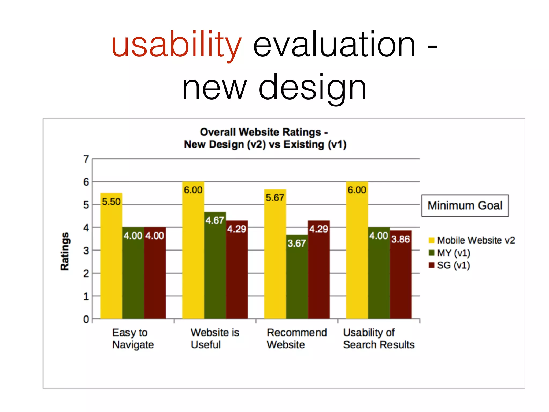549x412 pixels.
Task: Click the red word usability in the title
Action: (177, 44)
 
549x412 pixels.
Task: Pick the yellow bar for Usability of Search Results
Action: (357, 257)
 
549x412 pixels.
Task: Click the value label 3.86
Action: (400, 239)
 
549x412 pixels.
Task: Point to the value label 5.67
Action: (275, 198)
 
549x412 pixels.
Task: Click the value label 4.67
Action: (215, 220)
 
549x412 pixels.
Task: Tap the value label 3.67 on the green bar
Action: (297, 243)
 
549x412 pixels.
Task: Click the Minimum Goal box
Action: (465, 205)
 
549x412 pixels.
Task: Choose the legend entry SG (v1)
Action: (453, 265)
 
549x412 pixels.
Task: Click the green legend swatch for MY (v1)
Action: (431, 253)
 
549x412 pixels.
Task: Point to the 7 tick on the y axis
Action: (86, 159)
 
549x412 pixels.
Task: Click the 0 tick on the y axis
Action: (86, 319)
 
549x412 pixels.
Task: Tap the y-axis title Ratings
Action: (65, 251)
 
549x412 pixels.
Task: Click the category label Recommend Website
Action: (296, 339)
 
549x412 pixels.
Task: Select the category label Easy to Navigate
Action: (133, 339)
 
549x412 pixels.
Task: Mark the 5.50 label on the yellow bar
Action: (111, 202)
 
